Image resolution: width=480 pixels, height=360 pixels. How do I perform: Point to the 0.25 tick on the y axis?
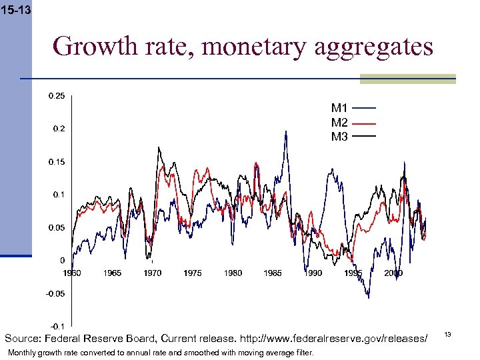tap(57, 96)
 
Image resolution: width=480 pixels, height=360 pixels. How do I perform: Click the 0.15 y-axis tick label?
tap(57, 162)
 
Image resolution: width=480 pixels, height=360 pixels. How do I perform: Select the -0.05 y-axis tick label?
tap(55, 293)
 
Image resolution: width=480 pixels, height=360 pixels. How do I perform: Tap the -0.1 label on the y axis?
tap(57, 326)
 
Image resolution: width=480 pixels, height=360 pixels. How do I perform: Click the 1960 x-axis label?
tap(72, 273)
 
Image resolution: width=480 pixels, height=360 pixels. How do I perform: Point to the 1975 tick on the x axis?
tap(193, 273)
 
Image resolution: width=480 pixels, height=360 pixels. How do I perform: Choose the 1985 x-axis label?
tap(273, 273)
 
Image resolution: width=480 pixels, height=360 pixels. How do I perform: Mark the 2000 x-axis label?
tap(393, 273)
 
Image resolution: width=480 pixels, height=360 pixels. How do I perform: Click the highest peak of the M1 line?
tap(286, 132)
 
